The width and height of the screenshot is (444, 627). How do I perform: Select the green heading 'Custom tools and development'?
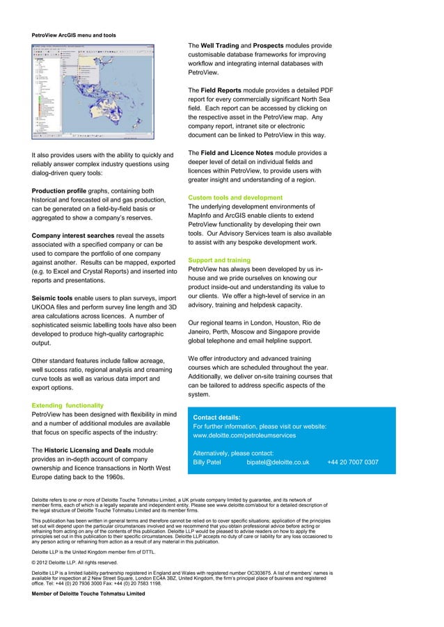(235, 198)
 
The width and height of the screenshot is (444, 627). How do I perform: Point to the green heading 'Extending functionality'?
(68, 405)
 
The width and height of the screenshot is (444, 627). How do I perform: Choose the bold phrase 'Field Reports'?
(224, 90)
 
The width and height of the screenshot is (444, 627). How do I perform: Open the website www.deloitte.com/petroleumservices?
(244, 435)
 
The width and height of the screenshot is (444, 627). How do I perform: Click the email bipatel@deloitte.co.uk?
(278, 462)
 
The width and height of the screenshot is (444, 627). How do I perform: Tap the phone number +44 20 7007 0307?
(352, 462)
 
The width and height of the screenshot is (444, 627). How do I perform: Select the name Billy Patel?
(208, 462)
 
